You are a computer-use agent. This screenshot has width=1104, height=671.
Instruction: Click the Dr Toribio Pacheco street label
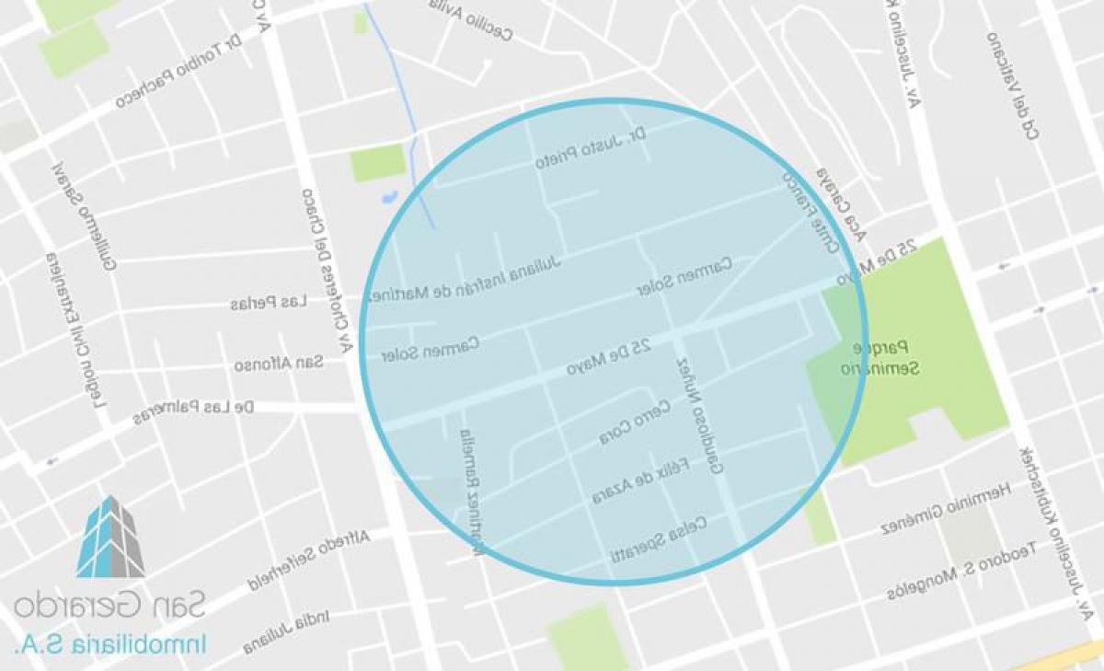click(x=178, y=73)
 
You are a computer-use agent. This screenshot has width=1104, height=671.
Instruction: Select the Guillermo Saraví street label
click(x=84, y=217)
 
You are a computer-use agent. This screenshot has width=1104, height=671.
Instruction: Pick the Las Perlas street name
click(x=268, y=303)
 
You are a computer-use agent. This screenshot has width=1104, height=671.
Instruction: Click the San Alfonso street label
click(x=278, y=364)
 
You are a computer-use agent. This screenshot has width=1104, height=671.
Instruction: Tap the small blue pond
click(x=388, y=196)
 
